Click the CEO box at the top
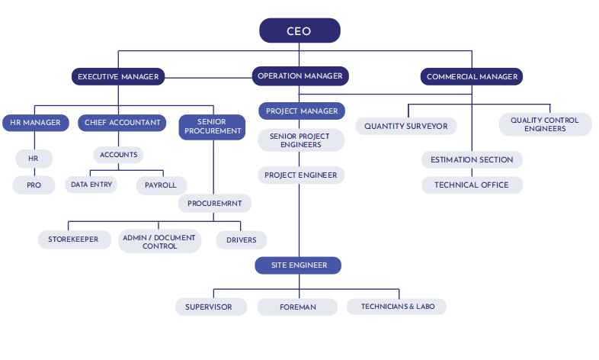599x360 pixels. pyautogui.click(x=299, y=31)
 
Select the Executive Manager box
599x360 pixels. pyautogui.click(x=118, y=76)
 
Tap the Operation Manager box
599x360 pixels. pyautogui.click(x=300, y=76)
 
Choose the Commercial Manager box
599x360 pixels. pyautogui.click(x=472, y=76)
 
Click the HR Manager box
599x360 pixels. pyautogui.click(x=35, y=122)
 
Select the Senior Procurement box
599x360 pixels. pyautogui.click(x=213, y=127)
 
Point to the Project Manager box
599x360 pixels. pyautogui.click(x=301, y=111)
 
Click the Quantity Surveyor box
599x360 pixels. pyautogui.click(x=405, y=125)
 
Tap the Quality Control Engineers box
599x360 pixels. pyautogui.click(x=545, y=124)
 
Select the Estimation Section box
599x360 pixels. pyautogui.click(x=472, y=160)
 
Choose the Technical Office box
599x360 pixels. pyautogui.click(x=472, y=185)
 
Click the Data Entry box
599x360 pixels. pyautogui.click(x=91, y=185)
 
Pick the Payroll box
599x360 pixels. pyautogui.click(x=160, y=185)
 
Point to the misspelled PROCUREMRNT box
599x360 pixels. pyautogui.click(x=215, y=204)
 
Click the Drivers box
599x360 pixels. pyautogui.click(x=241, y=239)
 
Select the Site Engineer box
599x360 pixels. pyautogui.click(x=299, y=265)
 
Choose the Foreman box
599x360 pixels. pyautogui.click(x=297, y=307)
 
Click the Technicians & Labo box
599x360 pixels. pyautogui.click(x=396, y=306)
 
